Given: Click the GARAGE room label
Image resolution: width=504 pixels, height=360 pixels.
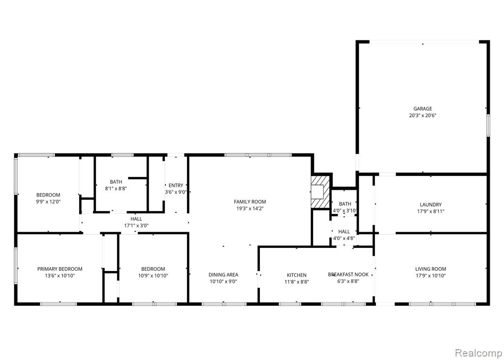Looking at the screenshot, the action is tap(422, 109).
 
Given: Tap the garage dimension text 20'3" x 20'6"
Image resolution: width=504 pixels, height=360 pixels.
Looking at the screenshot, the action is tap(422, 115).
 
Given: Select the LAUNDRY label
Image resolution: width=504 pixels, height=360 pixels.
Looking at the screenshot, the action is tap(430, 205).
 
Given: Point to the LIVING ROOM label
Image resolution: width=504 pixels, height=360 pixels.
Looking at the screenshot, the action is tap(430, 269).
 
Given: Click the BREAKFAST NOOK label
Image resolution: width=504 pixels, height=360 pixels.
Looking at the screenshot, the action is tap(348, 274).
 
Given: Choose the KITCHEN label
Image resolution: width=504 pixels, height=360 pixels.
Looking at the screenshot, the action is tap(296, 275).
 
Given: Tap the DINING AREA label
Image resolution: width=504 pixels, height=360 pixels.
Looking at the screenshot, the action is tap(223, 274).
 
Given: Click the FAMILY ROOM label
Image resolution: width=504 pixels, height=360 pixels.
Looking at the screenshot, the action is tap(250, 202).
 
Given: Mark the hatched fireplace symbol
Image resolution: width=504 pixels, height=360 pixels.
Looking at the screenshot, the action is tap(320, 192).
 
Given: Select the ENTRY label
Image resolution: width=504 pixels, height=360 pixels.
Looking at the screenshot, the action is tap(176, 185).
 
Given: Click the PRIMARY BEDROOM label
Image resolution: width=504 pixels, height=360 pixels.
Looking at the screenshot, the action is tap(60, 269).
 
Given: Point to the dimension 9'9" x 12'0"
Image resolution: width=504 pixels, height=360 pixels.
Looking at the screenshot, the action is tap(48, 202).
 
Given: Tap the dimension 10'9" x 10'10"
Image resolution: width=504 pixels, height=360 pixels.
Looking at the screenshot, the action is tap(153, 275).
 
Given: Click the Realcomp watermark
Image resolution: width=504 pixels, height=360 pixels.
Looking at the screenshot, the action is tap(478, 353).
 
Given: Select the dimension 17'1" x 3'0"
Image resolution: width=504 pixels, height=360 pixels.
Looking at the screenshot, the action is tap(136, 225).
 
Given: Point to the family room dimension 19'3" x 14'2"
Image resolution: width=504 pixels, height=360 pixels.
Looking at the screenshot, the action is tap(250, 209).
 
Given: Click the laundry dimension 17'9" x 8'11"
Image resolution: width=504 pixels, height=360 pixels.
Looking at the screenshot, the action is tap(430, 211).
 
